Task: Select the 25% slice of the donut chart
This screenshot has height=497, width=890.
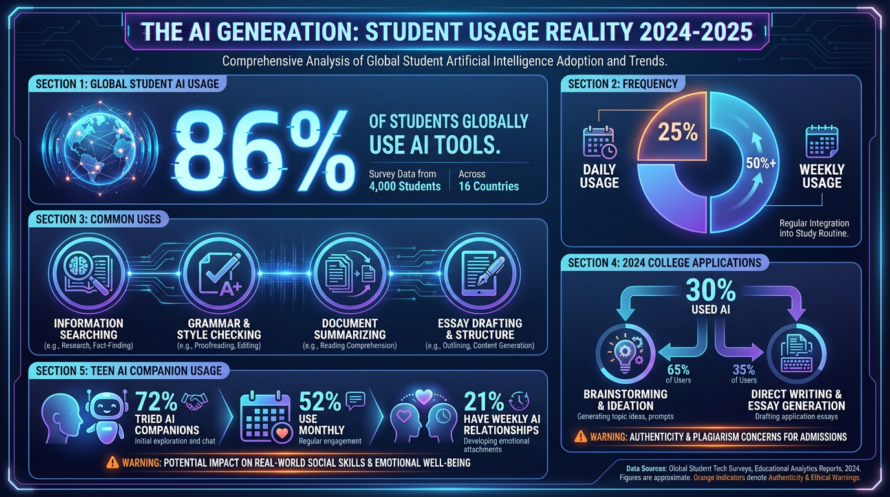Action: [677, 130]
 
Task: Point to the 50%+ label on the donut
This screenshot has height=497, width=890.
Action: [761, 163]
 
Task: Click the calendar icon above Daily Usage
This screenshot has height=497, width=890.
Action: [599, 141]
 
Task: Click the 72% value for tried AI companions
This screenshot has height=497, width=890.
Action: [156, 402]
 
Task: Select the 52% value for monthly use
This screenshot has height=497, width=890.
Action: [320, 402]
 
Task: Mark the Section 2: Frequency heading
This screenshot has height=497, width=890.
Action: [622, 83]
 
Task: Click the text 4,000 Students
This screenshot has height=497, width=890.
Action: [405, 186]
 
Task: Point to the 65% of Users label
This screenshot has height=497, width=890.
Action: [678, 374]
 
